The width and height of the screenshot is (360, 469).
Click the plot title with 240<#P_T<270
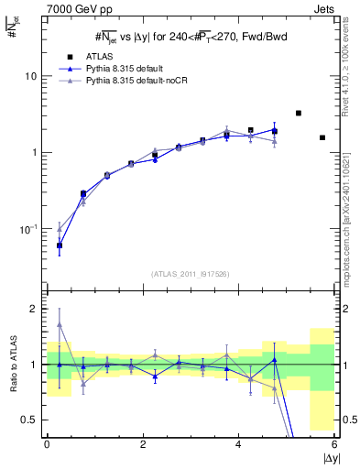(x=190, y=37)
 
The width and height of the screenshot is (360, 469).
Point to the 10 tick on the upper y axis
(x=30, y=76)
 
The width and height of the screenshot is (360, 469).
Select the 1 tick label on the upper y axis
(x=34, y=152)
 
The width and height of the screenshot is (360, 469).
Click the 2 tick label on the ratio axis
(x=34, y=309)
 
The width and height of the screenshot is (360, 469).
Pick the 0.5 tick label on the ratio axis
(x=29, y=420)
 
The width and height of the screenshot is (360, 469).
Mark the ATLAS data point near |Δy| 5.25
(x=299, y=113)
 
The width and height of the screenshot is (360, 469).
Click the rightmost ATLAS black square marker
(x=322, y=137)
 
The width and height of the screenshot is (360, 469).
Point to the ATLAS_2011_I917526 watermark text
(x=190, y=274)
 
